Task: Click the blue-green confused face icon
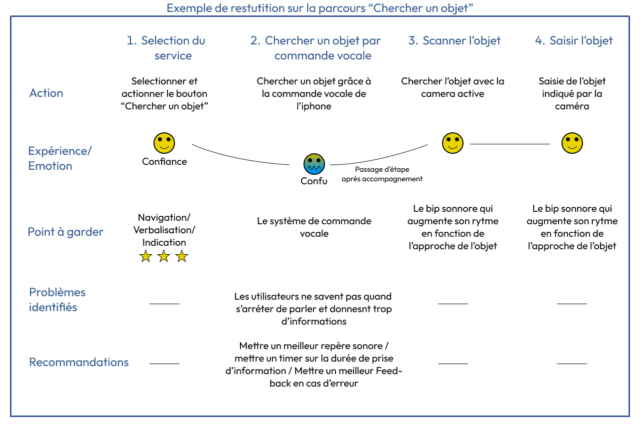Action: click(314, 164)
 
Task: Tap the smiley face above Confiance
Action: click(164, 143)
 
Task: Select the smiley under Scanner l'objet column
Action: click(452, 143)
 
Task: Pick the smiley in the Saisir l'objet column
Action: click(572, 143)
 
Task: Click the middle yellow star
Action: click(163, 257)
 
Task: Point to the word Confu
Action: click(314, 181)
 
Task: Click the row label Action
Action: click(46, 93)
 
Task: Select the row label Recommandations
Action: click(79, 362)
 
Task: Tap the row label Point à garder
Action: click(65, 232)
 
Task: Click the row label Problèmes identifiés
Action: click(57, 300)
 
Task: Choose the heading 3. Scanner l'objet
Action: click(454, 41)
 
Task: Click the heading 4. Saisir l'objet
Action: click(573, 41)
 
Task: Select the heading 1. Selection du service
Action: click(166, 48)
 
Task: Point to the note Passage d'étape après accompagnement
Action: click(382, 174)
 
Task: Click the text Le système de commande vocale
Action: click(314, 227)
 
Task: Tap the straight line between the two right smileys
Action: click(509, 144)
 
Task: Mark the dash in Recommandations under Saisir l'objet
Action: click(571, 364)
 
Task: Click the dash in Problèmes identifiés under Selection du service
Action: click(164, 303)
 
